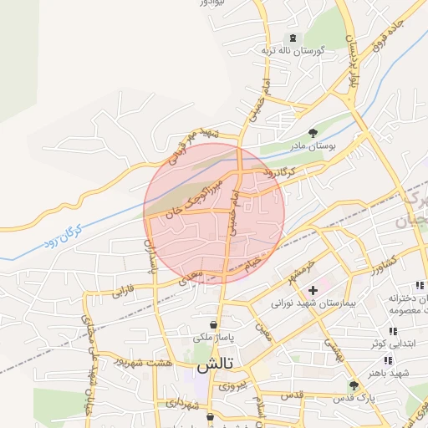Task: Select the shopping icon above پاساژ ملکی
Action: (x=215, y=324)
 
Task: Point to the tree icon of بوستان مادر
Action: (x=313, y=133)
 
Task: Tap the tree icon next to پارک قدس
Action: (x=353, y=385)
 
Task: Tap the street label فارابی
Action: (x=122, y=293)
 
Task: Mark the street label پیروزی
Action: (x=233, y=386)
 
